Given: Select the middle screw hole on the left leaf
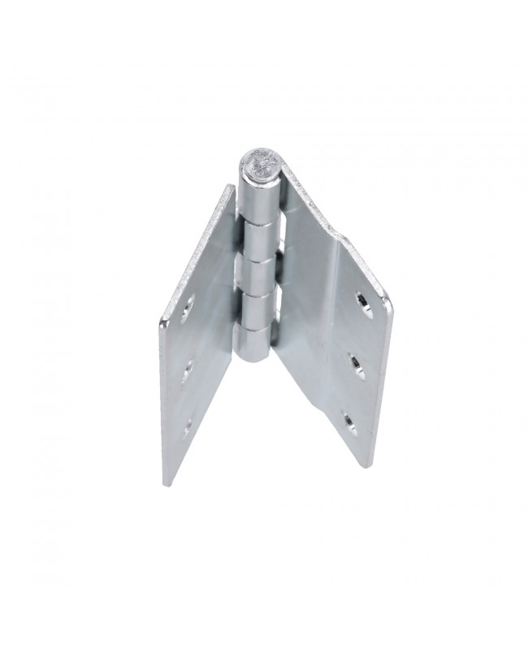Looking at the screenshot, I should click(x=188, y=370).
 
